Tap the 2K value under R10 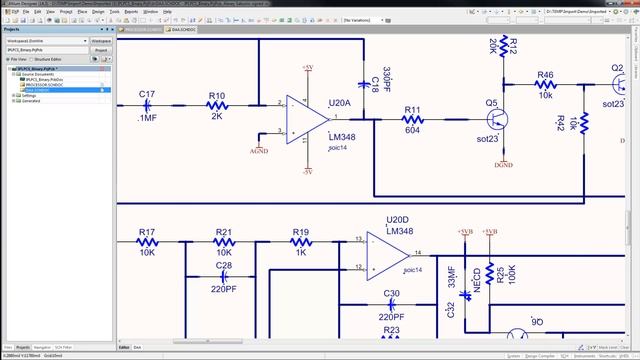pos(216,116)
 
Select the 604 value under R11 pos(411,129)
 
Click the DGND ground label pos(504,164)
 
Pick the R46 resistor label pos(546,75)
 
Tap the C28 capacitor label pos(224,265)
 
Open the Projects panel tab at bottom pos(22,345)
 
